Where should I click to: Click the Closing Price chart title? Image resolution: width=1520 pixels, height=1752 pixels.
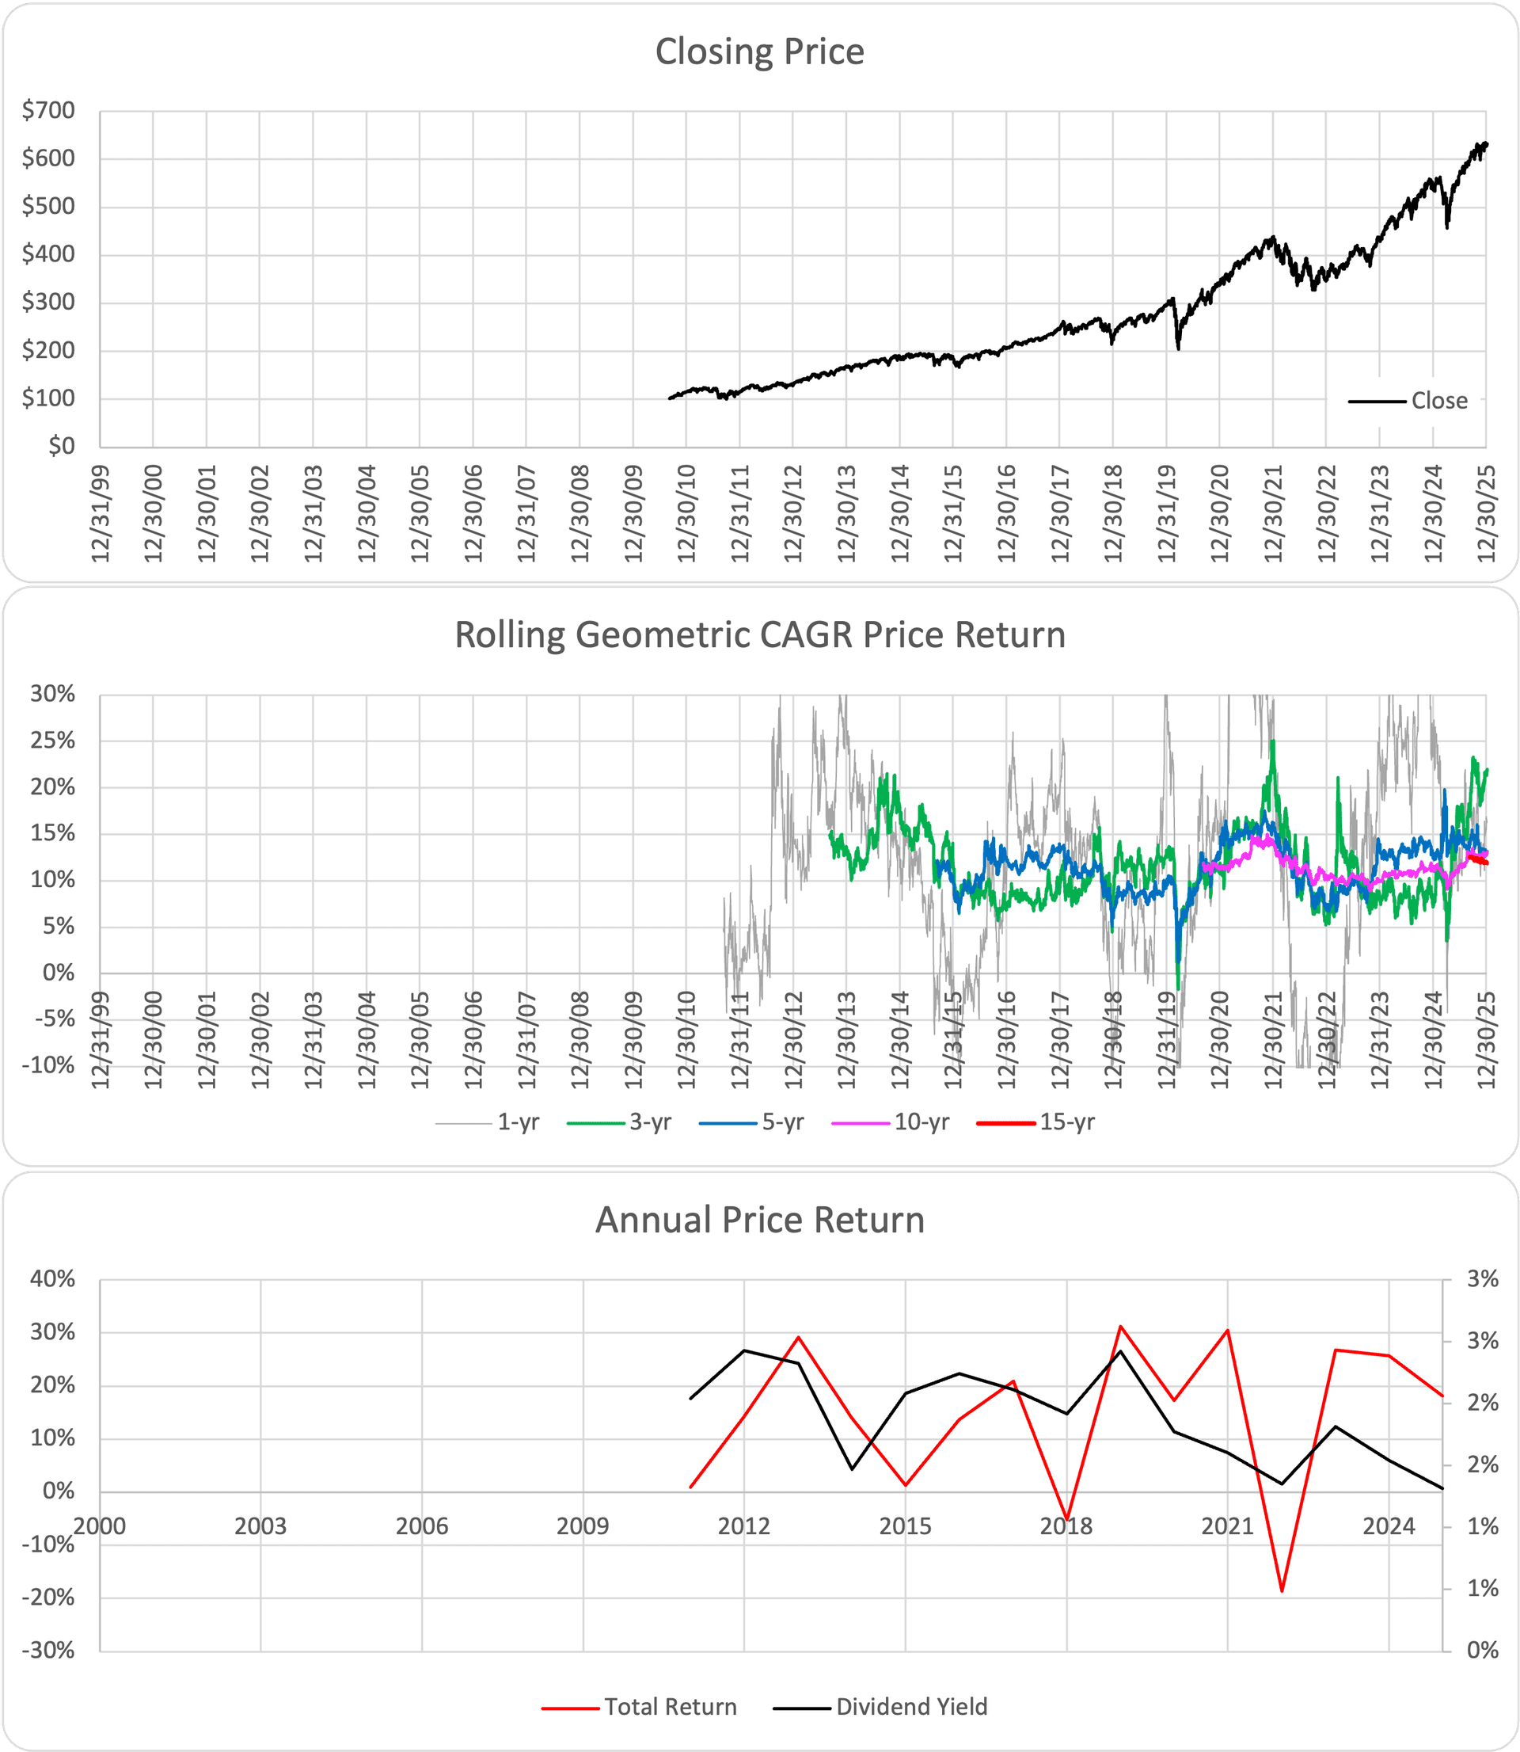[759, 51]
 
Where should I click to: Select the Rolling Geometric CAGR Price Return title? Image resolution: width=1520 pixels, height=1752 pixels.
[759, 634]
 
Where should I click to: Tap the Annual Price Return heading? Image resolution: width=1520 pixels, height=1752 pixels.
[759, 1219]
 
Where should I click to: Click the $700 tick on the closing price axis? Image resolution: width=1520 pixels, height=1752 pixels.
[48, 110]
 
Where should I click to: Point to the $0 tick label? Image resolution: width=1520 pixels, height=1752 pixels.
[60, 446]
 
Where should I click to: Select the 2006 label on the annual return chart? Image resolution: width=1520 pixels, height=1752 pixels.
[421, 1526]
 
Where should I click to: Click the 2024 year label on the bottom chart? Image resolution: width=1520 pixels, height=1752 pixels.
[1389, 1526]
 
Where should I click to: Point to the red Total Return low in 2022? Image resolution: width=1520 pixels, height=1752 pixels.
[1282, 1590]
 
